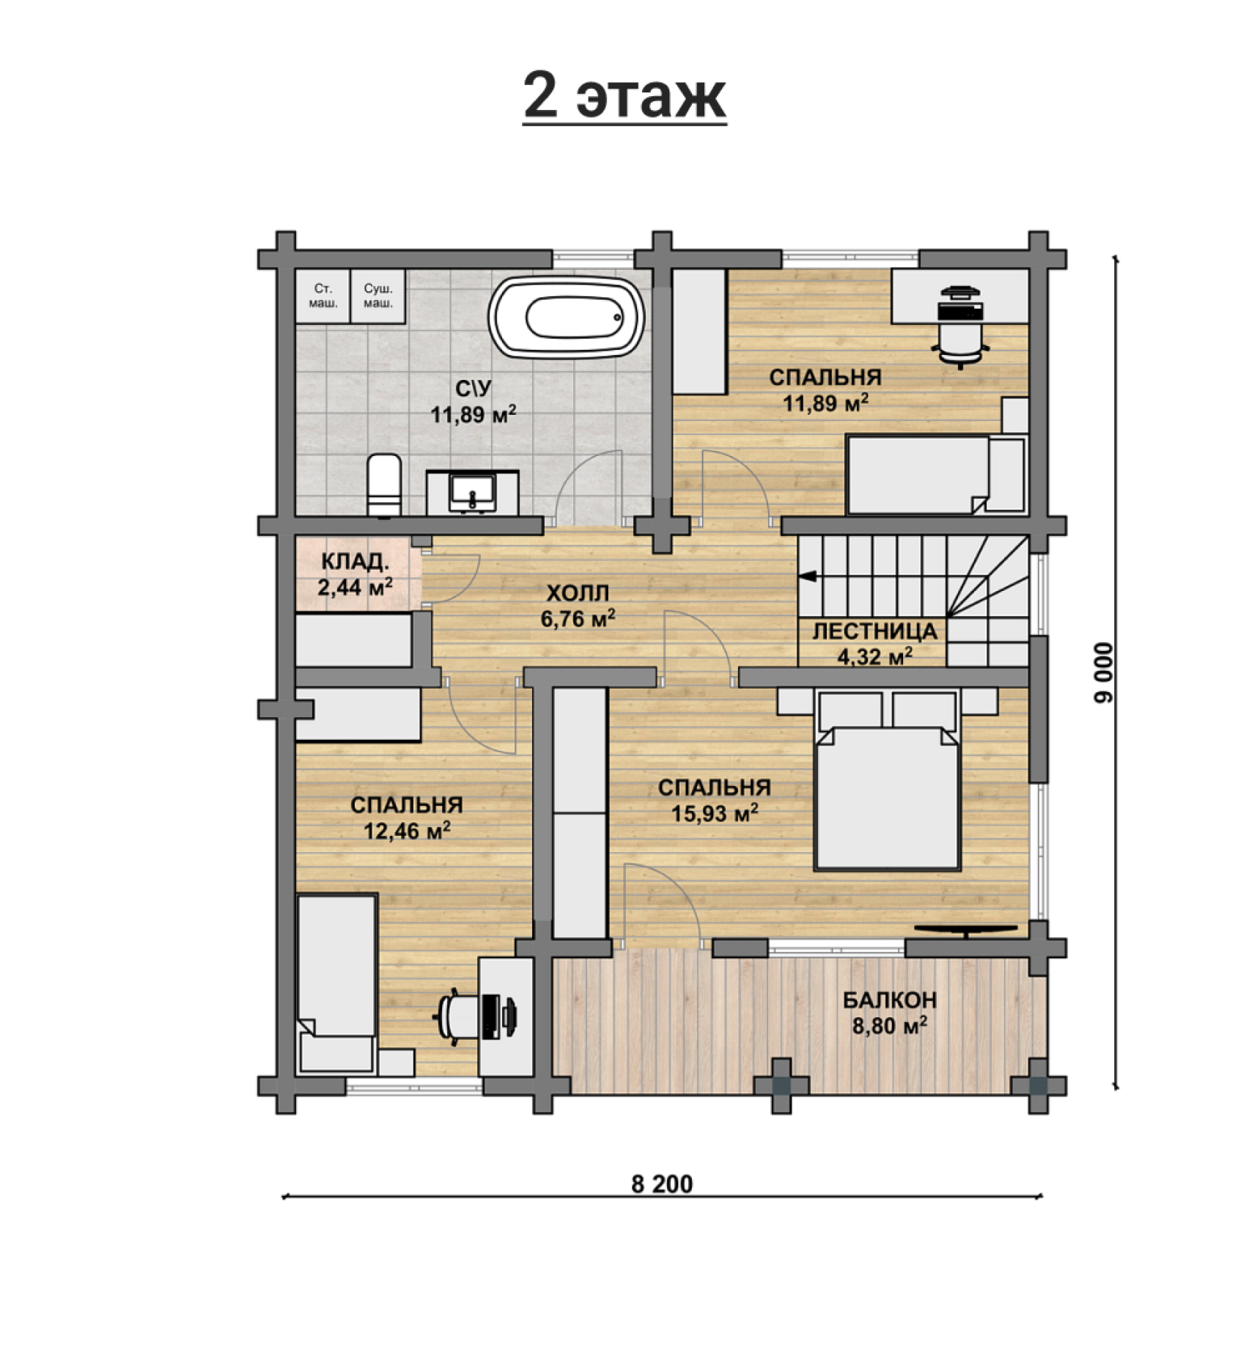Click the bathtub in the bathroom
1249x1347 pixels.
(x=566, y=318)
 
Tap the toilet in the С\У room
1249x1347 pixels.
(x=384, y=485)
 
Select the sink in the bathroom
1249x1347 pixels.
(x=473, y=492)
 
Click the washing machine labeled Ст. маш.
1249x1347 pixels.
(x=323, y=296)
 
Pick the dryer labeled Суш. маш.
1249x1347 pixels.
(x=378, y=296)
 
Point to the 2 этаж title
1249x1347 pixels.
(x=624, y=96)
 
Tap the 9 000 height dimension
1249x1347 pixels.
(x=1102, y=672)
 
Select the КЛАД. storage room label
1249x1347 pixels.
(x=355, y=562)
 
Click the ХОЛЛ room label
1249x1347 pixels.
(x=578, y=592)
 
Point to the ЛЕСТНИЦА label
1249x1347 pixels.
(x=874, y=631)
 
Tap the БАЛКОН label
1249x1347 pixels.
(x=889, y=999)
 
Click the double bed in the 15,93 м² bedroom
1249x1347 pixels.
(x=888, y=779)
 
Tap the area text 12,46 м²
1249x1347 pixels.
(x=407, y=832)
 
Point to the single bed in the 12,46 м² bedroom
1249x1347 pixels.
(x=337, y=983)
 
